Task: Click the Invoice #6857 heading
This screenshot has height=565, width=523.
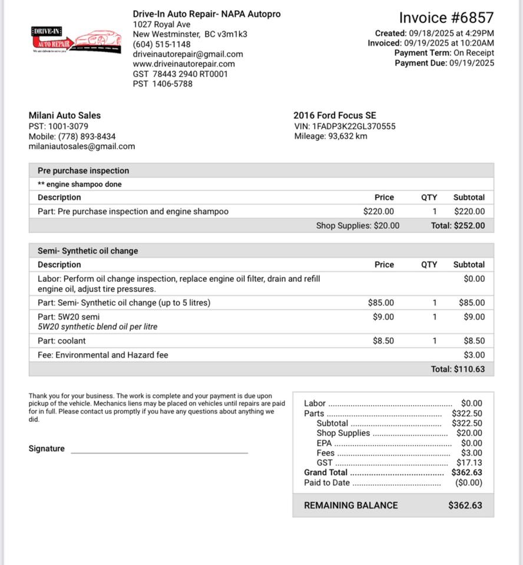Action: (x=446, y=18)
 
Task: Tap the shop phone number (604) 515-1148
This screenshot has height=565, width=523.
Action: (x=161, y=44)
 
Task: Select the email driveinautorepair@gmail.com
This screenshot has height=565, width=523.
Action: (x=188, y=54)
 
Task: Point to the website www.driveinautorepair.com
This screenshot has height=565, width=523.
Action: (x=184, y=64)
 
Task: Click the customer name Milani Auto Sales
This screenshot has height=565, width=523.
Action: (x=65, y=115)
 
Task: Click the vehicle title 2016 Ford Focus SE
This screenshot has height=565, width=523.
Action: (x=335, y=115)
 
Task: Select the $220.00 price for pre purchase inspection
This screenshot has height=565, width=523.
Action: (x=379, y=211)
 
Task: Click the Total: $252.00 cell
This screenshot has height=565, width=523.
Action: (x=458, y=225)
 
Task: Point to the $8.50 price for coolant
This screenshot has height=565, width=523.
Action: (x=383, y=341)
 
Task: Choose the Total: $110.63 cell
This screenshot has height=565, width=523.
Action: (x=458, y=369)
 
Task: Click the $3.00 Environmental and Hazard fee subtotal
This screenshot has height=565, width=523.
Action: (x=474, y=355)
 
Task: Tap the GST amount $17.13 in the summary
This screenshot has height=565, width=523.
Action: (x=469, y=463)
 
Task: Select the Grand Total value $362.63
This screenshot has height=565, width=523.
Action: (x=466, y=472)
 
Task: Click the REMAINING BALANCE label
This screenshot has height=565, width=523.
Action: (x=350, y=505)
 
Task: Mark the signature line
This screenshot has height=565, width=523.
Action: (x=159, y=452)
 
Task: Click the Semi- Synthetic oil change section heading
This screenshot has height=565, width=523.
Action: (x=88, y=251)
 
